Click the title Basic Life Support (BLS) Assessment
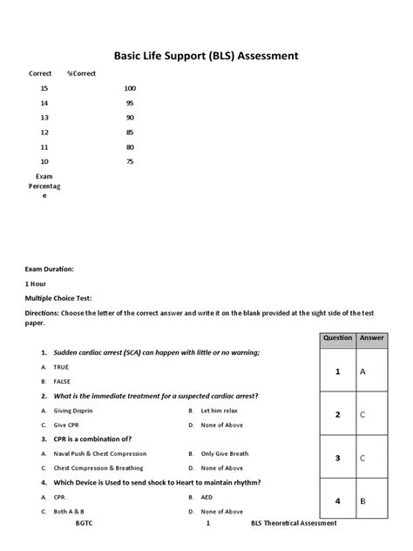click(206, 56)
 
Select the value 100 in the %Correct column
click(130, 88)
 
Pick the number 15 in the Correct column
click(44, 88)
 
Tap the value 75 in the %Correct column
click(130, 161)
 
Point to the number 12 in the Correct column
click(44, 133)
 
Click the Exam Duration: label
click(49, 269)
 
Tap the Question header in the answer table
click(337, 337)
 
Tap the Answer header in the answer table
click(371, 337)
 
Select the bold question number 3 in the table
click(337, 458)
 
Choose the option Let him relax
click(218, 410)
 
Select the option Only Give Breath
click(225, 453)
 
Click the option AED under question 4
click(207, 497)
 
